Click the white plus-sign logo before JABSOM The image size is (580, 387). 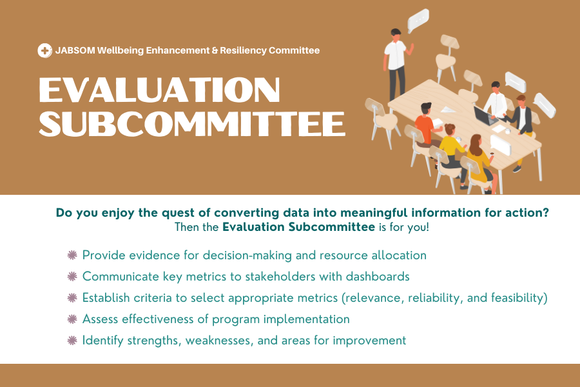tap(44, 50)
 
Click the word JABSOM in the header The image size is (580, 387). tap(75, 50)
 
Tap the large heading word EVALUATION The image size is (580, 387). tap(159, 90)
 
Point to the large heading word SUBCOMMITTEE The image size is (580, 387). tap(192, 123)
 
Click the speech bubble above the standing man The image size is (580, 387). tap(418, 20)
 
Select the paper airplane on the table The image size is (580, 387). tap(448, 110)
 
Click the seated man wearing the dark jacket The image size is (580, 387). tap(522, 126)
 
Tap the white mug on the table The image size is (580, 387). tap(508, 131)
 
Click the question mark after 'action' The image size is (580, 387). tap(546, 213)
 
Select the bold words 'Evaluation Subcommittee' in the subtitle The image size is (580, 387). tap(298, 227)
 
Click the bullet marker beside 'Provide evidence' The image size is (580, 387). tap(72, 255)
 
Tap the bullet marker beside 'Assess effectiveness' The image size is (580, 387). tap(72, 319)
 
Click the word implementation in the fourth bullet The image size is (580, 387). tap(307, 319)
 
